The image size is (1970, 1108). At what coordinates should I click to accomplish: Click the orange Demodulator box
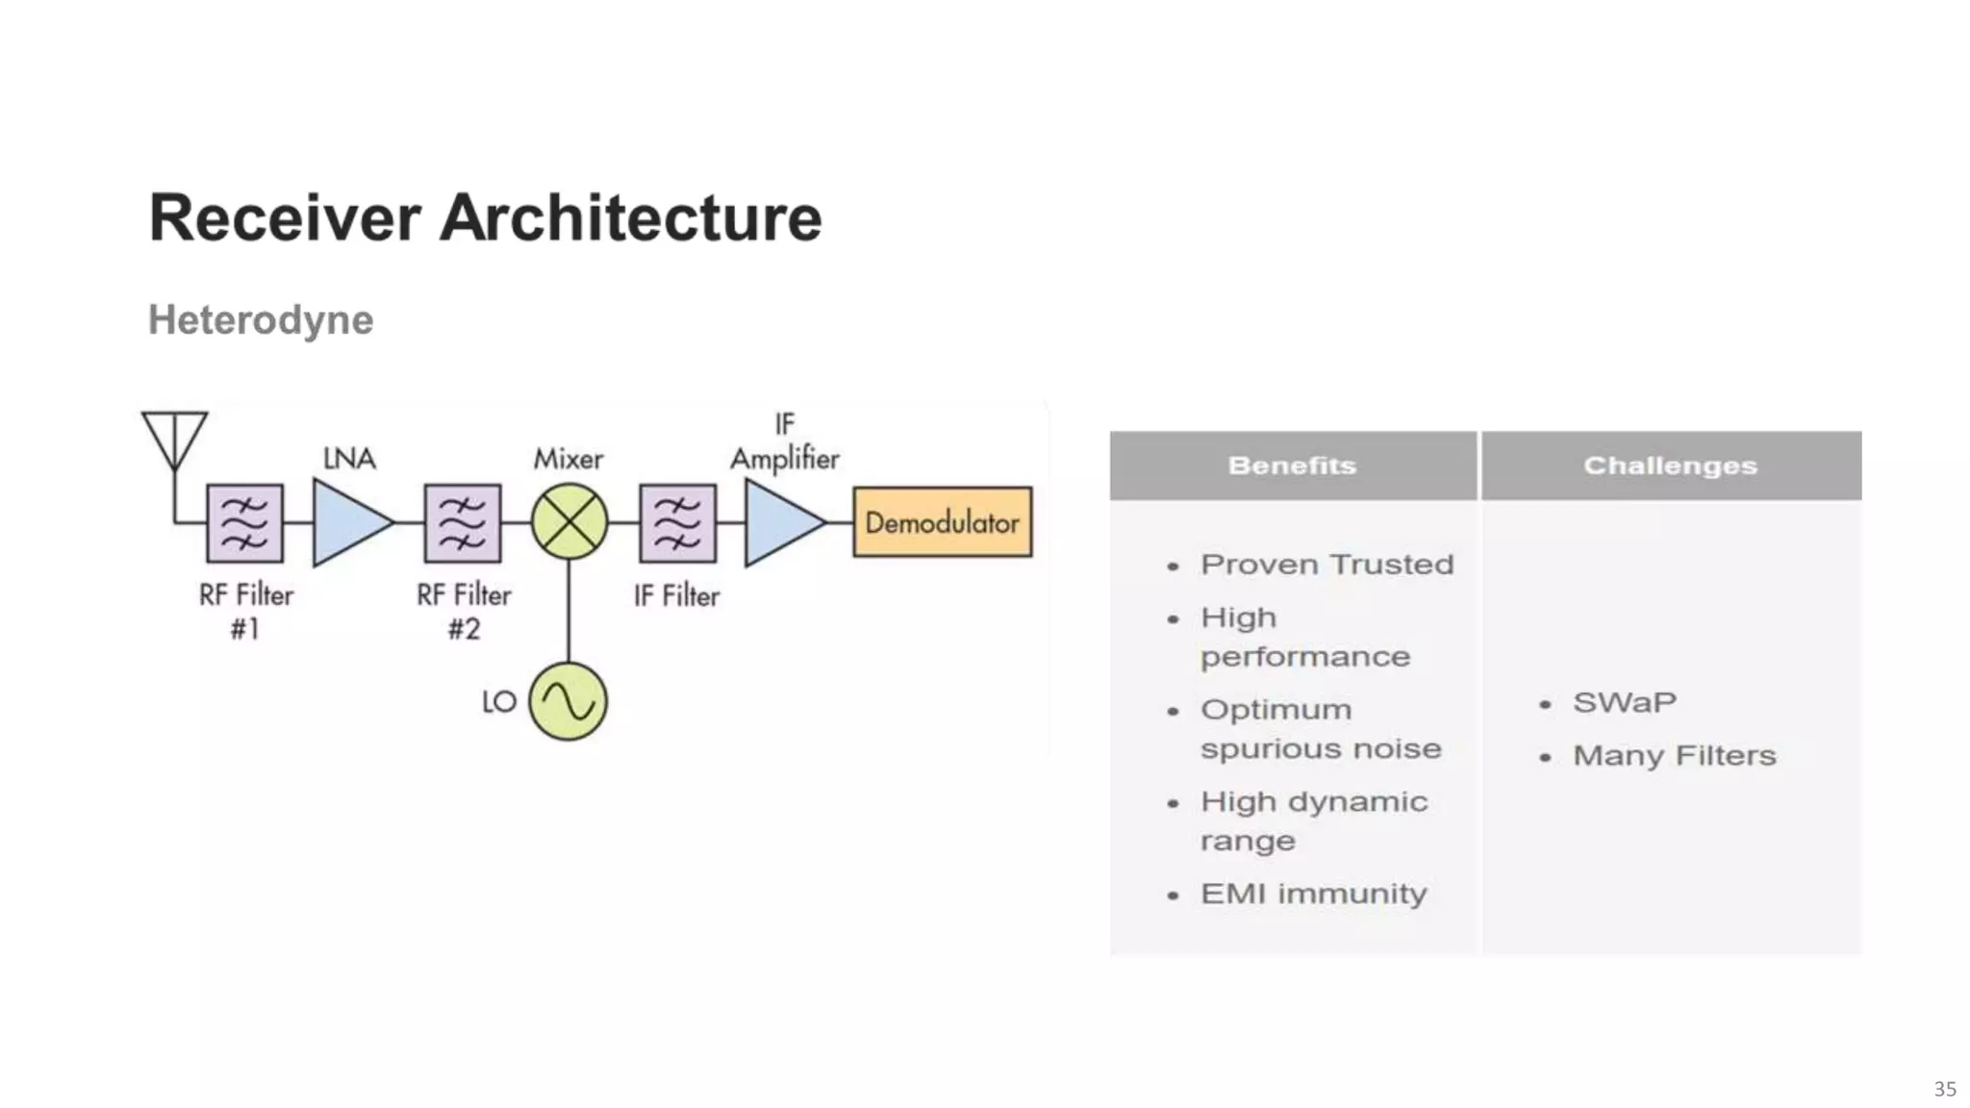(x=942, y=522)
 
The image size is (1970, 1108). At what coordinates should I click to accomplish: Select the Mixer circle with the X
(x=569, y=522)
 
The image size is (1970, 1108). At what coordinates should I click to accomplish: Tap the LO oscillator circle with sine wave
(x=568, y=701)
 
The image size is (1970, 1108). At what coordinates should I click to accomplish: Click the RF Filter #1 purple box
(x=245, y=522)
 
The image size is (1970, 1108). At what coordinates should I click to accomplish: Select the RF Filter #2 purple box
(x=463, y=522)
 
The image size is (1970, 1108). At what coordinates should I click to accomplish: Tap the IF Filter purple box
(x=677, y=522)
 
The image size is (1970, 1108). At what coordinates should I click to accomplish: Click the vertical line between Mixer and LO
(x=568, y=611)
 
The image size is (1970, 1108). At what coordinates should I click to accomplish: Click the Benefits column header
(x=1292, y=466)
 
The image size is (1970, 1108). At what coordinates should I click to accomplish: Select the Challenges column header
(x=1670, y=466)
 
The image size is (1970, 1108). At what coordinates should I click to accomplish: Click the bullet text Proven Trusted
(x=1326, y=565)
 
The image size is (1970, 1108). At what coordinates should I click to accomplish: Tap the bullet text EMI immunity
(x=1313, y=894)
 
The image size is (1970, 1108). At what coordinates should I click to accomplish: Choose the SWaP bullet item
(x=1624, y=702)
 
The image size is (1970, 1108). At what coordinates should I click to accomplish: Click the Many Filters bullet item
(x=1674, y=755)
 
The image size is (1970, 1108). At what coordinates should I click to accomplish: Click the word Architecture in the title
(x=630, y=217)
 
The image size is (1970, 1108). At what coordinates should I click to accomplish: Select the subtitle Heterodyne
(x=261, y=319)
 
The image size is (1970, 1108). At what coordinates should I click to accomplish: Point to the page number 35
(x=1944, y=1089)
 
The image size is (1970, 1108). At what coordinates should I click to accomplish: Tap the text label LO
(x=499, y=702)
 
